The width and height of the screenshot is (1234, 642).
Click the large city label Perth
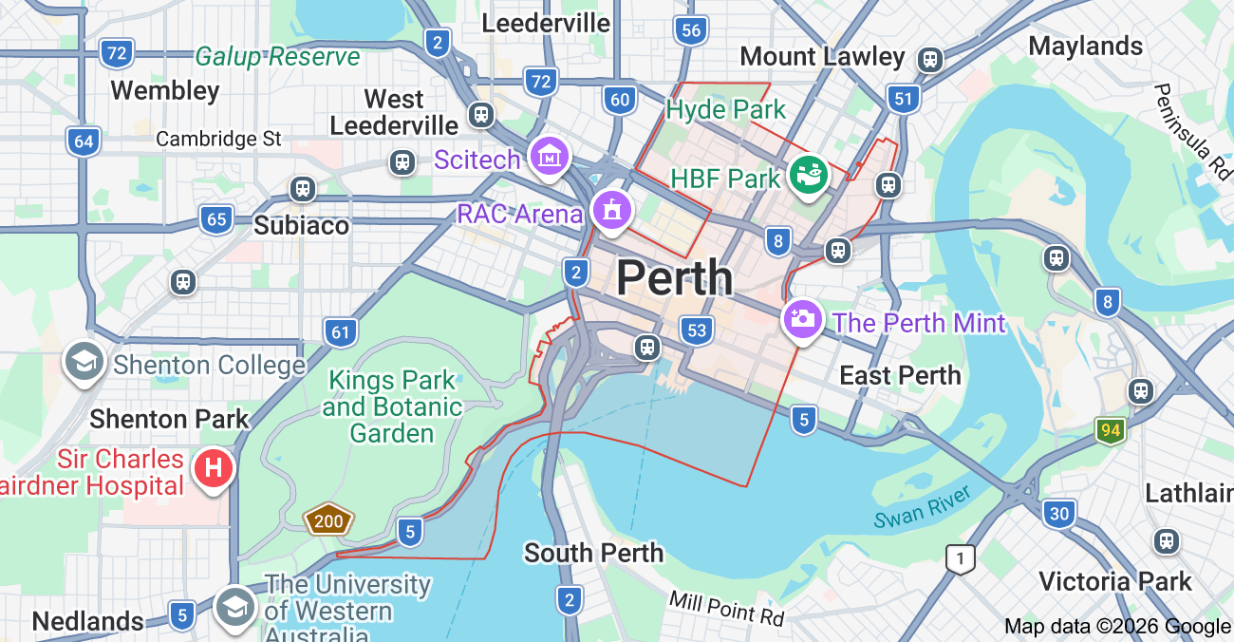click(x=674, y=278)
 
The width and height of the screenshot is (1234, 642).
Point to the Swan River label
click(x=923, y=507)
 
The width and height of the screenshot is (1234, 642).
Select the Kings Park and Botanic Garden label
click(x=392, y=407)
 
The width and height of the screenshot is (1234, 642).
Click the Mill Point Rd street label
click(x=726, y=608)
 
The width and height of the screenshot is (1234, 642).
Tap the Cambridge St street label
click(x=218, y=139)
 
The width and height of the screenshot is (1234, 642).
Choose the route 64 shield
click(x=84, y=142)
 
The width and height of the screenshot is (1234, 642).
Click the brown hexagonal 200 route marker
click(x=328, y=519)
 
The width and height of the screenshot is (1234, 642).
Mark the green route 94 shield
click(x=1110, y=430)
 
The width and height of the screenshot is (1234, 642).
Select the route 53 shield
click(x=698, y=330)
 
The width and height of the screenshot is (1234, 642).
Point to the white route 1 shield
click(x=960, y=559)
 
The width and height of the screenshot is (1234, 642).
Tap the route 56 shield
click(x=691, y=30)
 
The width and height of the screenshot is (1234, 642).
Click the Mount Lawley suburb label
click(x=822, y=57)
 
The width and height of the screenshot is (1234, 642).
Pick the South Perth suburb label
click(x=593, y=553)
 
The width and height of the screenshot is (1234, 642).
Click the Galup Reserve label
click(x=277, y=57)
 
